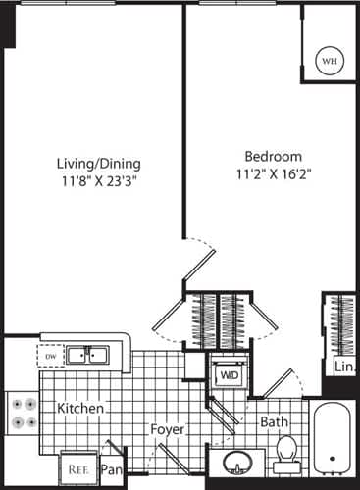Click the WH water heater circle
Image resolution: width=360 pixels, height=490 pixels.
(x=328, y=61)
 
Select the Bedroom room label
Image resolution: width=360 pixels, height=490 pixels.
(x=272, y=156)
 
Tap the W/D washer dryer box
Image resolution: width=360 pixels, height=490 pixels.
(x=229, y=374)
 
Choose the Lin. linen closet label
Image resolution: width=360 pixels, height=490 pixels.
(x=343, y=367)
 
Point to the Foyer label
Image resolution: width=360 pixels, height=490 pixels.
(x=169, y=429)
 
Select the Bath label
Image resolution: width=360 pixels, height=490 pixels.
(x=274, y=422)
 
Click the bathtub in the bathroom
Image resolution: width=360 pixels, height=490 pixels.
(x=334, y=440)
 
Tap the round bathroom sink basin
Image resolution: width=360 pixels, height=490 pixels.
(x=237, y=462)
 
